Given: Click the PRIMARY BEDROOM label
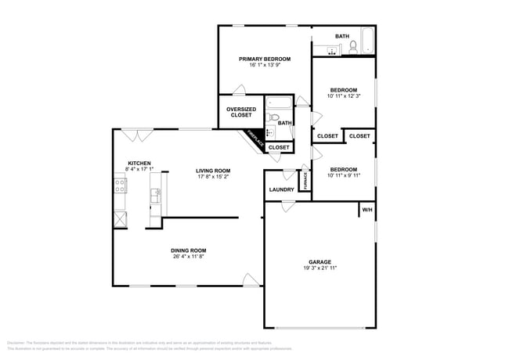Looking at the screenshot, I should click(265, 59).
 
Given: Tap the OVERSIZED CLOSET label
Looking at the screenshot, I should click(240, 112).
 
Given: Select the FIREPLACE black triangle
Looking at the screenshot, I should click(254, 139).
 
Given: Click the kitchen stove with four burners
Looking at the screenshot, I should click(120, 186).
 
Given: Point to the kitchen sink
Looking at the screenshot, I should click(157, 193).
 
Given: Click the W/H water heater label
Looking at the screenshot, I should click(366, 210).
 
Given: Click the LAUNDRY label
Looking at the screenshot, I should click(281, 189).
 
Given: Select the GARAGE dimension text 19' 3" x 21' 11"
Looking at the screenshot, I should click(319, 268).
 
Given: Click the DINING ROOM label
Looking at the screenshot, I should click(189, 250).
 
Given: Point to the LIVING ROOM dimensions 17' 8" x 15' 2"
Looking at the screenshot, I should click(213, 177).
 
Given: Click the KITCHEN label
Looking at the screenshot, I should click(139, 164).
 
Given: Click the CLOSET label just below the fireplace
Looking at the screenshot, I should click(279, 147).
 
